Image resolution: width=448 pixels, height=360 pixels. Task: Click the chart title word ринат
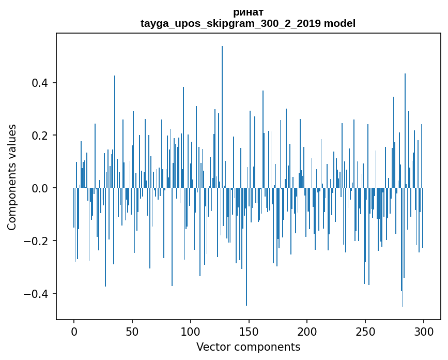[248, 12]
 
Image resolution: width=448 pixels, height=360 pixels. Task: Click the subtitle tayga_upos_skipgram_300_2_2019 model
[248, 23]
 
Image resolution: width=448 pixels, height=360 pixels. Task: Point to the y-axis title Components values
[12, 177]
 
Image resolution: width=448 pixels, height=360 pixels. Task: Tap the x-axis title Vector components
[248, 347]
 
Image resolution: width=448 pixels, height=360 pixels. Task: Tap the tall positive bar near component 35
[115, 129]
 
